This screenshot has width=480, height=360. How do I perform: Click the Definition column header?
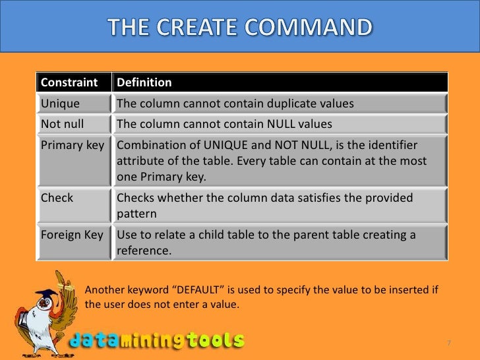coord(144,82)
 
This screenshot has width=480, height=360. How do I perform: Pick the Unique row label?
coord(60,104)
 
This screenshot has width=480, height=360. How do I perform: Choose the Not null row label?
coord(63,125)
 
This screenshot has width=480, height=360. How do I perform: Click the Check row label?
coord(57,198)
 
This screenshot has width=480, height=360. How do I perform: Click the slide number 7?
coord(448,343)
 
